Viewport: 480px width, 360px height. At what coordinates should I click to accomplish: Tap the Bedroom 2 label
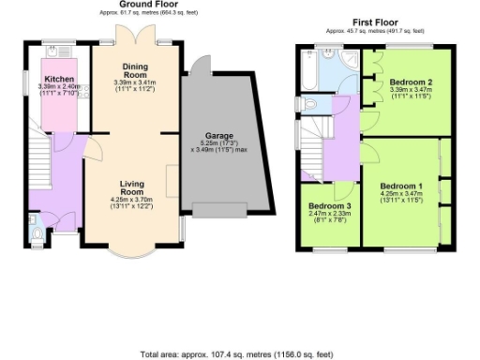(410, 82)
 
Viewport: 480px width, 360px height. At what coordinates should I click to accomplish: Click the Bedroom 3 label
(329, 205)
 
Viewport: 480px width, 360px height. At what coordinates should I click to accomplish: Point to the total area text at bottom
(239, 354)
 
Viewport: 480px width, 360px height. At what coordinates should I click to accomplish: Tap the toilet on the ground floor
(35, 224)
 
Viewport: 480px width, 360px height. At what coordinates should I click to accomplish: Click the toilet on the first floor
(303, 103)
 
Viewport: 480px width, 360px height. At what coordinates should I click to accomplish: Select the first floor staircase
(312, 141)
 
